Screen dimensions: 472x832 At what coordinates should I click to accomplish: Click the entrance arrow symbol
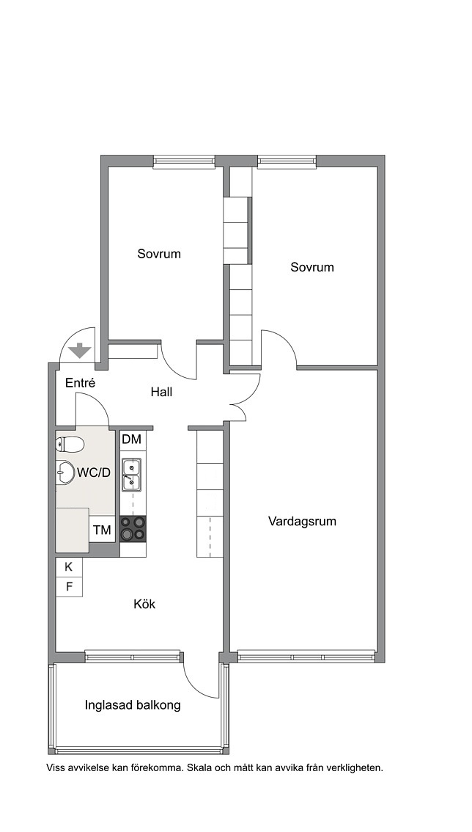click(x=80, y=350)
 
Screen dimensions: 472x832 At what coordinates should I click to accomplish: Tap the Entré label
click(x=80, y=382)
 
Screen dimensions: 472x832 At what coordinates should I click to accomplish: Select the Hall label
click(x=161, y=392)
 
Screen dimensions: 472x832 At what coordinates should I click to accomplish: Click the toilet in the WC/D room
click(x=70, y=444)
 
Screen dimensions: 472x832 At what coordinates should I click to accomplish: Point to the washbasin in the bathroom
click(x=65, y=472)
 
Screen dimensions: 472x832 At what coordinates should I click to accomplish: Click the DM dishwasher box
click(x=132, y=439)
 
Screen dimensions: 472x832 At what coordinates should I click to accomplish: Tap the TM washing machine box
click(x=102, y=530)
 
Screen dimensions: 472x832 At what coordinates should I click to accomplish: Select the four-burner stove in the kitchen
click(x=133, y=528)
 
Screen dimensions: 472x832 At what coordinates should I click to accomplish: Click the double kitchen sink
click(x=132, y=475)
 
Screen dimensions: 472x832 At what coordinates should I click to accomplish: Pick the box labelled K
click(x=69, y=566)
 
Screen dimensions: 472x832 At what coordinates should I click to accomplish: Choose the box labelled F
click(x=69, y=587)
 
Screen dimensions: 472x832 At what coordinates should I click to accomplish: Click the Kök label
click(x=144, y=604)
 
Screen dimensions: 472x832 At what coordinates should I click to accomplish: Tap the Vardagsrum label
click(x=302, y=521)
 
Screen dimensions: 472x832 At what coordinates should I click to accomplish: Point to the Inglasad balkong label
click(x=133, y=705)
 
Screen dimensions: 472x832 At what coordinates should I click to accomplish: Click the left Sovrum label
click(x=159, y=254)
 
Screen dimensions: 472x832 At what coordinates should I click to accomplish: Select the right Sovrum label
click(x=311, y=267)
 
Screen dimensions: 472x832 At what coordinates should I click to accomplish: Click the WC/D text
click(x=94, y=472)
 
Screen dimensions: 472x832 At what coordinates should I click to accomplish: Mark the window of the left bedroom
click(x=184, y=162)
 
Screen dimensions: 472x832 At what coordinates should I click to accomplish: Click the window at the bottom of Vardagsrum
click(x=306, y=657)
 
